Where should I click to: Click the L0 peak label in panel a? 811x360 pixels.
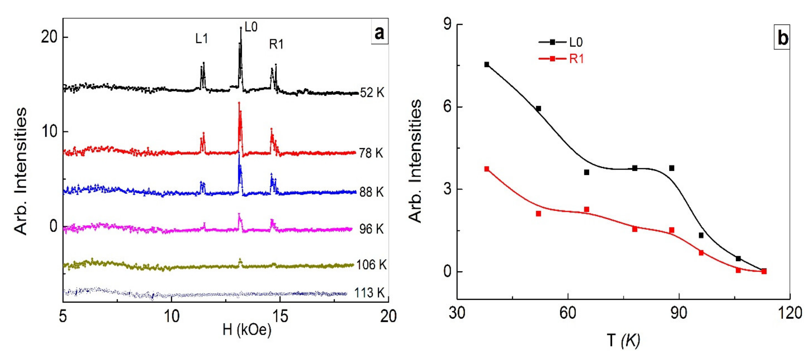click(x=251, y=27)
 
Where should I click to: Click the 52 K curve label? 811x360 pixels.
click(x=372, y=93)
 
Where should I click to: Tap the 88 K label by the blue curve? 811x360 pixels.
click(x=371, y=192)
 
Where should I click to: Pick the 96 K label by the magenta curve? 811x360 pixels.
click(x=371, y=229)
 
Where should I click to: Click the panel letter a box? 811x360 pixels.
click(x=379, y=33)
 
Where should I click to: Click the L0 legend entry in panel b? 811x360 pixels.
click(x=560, y=42)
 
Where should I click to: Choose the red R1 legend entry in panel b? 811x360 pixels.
click(x=560, y=59)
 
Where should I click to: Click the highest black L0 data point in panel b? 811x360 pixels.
click(x=487, y=64)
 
